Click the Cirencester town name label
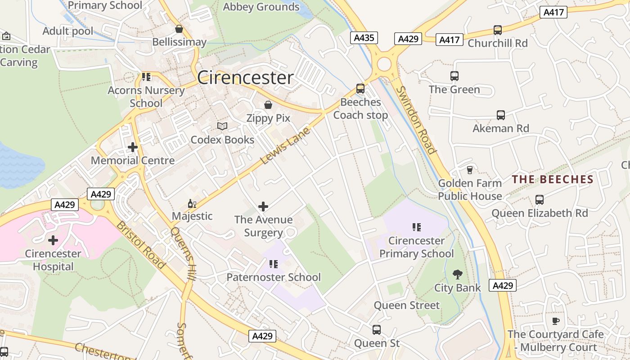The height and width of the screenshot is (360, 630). (x=245, y=78)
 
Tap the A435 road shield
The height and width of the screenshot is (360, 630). (x=364, y=38)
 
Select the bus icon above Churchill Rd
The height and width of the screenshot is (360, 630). (x=497, y=30)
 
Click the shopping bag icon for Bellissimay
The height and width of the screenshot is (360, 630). (x=179, y=29)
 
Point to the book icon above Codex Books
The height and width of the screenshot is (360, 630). (x=222, y=126)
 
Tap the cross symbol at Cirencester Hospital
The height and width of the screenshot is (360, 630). (x=53, y=240)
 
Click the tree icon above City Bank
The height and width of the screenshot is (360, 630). (x=457, y=274)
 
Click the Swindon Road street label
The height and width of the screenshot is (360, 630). (x=416, y=120)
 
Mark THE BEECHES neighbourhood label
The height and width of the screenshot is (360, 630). (x=553, y=180)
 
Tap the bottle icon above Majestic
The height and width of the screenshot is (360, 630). (x=192, y=203)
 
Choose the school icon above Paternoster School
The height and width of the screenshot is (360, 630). (x=273, y=264)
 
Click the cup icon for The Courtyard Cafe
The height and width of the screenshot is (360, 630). (x=556, y=321)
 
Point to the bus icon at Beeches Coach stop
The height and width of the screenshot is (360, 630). (x=360, y=89)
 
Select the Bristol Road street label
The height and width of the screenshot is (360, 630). (x=141, y=245)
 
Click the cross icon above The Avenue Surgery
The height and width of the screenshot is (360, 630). (x=263, y=207)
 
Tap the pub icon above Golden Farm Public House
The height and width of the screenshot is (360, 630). (x=470, y=170)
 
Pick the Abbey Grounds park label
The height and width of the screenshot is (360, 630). (x=261, y=7)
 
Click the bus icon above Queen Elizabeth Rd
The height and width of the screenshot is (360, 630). (x=539, y=199)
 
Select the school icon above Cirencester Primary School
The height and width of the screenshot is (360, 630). (x=416, y=227)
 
